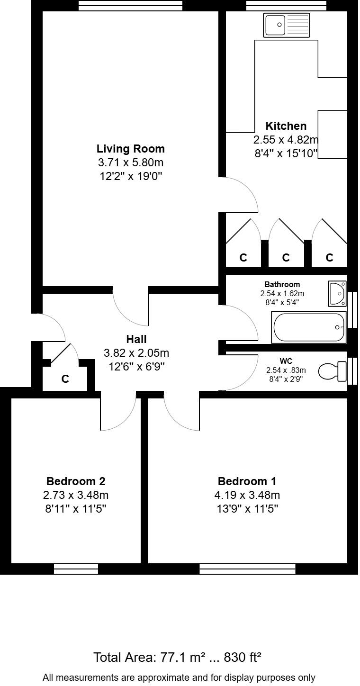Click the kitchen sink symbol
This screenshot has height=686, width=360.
(x=287, y=25)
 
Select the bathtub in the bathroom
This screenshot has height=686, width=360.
(x=308, y=327)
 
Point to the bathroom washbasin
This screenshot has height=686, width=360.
(x=337, y=293)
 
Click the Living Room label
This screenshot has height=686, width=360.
(x=131, y=149)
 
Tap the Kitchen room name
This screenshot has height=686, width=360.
(x=286, y=126)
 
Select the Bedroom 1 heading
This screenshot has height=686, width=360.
(x=247, y=481)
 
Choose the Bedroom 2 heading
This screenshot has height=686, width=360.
(x=76, y=481)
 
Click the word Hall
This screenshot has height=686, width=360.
(x=136, y=339)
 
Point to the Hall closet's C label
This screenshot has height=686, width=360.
(x=65, y=379)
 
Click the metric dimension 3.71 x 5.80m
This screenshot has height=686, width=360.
(x=131, y=163)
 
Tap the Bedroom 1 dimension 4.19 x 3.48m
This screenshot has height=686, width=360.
(x=247, y=496)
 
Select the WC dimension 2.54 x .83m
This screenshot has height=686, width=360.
(x=286, y=370)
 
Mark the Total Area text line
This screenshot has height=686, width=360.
(x=178, y=658)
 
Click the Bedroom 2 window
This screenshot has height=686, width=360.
(x=76, y=569)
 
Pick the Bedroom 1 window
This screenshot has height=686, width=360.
(x=247, y=569)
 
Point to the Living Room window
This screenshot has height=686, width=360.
(x=130, y=5)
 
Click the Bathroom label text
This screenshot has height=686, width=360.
(x=282, y=284)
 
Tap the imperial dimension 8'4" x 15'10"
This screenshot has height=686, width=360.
(x=286, y=153)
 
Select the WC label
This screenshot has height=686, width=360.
(x=286, y=361)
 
